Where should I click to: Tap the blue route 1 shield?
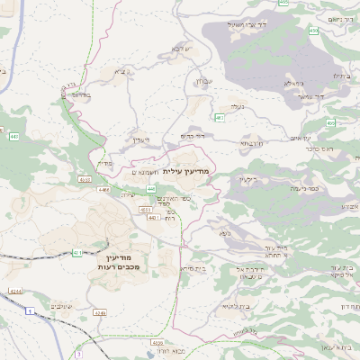pyautogui.click(x=29, y=310)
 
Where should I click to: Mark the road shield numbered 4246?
pyautogui.click(x=100, y=313)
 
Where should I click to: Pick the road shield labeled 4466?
pyautogui.click(x=103, y=191)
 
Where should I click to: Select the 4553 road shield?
pyautogui.click(x=145, y=209)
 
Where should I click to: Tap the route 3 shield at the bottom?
pyautogui.click(x=80, y=343)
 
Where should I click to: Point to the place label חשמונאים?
pyautogui.click(x=146, y=172)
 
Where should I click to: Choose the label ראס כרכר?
pyautogui.click(x=320, y=148)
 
